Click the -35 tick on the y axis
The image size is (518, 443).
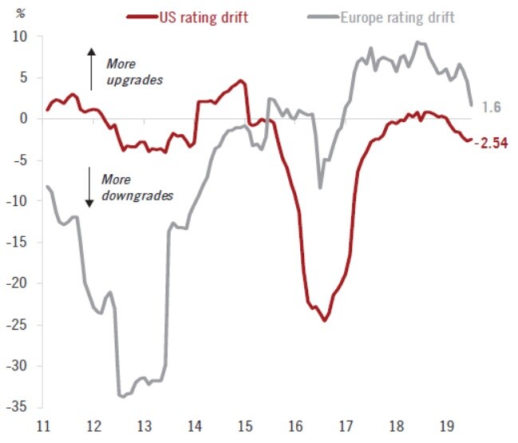[18, 407]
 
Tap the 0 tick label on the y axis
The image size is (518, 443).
[25, 118]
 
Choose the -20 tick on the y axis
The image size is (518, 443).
[18, 283]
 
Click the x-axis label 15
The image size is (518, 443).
[245, 425]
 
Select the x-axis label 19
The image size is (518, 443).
[446, 425]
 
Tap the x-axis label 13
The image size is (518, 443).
[144, 425]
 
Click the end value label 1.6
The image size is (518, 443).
[492, 105]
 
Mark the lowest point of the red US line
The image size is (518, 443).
[325, 320]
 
